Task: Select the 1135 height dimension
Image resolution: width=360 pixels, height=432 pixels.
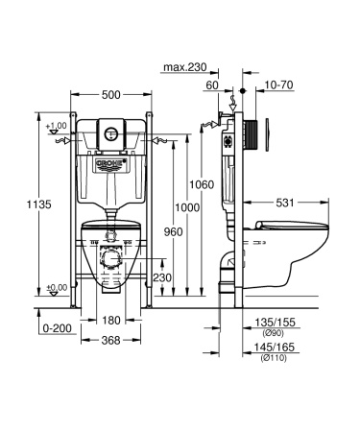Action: point(21,204)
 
